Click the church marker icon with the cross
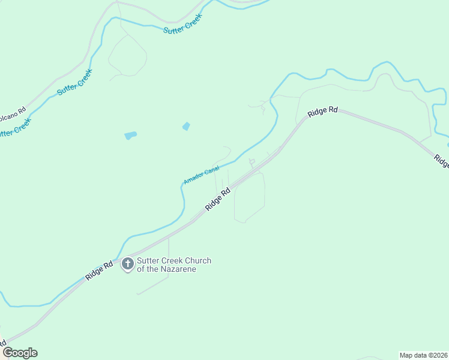[x=127, y=263]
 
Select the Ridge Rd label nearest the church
[x=99, y=271]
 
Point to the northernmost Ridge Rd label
[x=323, y=112]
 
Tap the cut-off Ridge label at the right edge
[x=441, y=161]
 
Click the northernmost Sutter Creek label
[x=182, y=23]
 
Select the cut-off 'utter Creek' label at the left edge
[x=13, y=128]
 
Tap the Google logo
[x=20, y=353]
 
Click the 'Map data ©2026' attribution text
[x=423, y=355]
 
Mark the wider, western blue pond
[x=130, y=136]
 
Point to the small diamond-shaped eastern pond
[x=186, y=126]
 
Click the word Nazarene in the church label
[x=175, y=269]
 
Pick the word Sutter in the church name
[x=148, y=260]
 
